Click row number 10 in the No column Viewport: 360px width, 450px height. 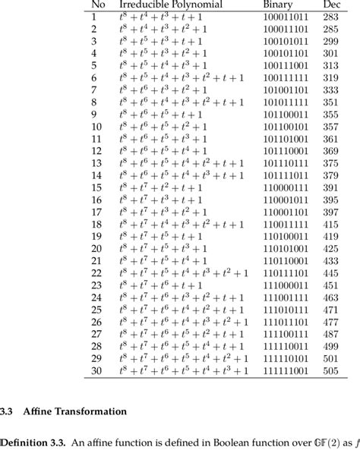click(96, 127)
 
